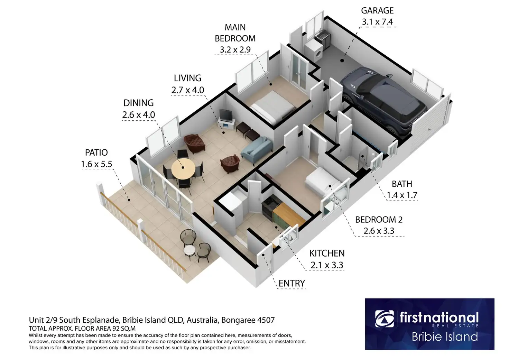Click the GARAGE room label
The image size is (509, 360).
pos(377,10)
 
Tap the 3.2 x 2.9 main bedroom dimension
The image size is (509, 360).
pos(235,50)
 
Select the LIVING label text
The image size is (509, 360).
pos(187,78)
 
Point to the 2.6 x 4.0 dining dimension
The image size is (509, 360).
pos(138,115)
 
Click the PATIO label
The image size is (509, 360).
pos(96,153)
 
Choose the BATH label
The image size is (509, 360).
pos(402,184)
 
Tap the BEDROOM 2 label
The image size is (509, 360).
pos(379,220)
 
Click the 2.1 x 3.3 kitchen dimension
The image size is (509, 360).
pos(327,265)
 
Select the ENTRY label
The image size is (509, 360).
pos(292,284)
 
